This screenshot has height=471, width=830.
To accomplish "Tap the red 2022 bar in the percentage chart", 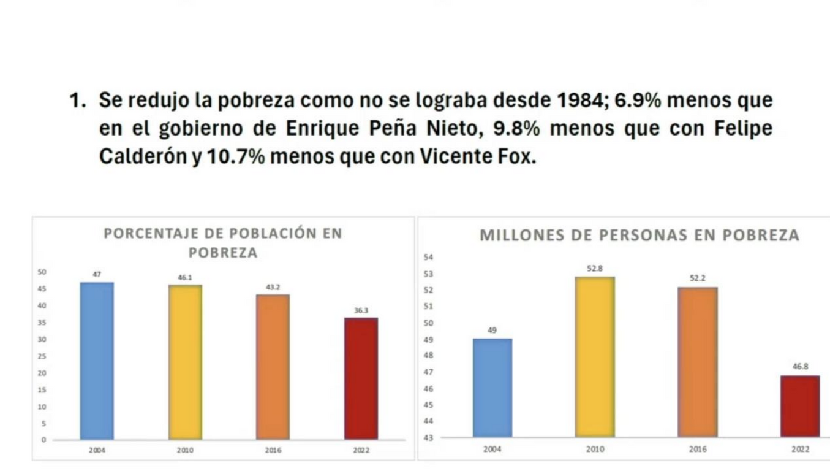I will click(x=361, y=378).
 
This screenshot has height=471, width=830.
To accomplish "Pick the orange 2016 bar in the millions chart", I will click(x=697, y=362).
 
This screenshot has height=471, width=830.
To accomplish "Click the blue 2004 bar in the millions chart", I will click(x=492, y=388).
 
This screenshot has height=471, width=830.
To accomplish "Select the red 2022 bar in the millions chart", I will click(x=800, y=406).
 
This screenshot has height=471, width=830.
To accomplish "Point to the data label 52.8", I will click(x=595, y=268).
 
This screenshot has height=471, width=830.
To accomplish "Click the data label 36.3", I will click(x=361, y=310).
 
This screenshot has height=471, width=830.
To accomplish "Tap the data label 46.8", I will click(x=800, y=366).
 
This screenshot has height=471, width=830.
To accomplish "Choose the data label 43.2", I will click(x=273, y=287).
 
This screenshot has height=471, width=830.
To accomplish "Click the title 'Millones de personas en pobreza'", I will click(x=639, y=235).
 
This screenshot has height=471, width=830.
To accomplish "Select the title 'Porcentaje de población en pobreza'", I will click(x=223, y=243).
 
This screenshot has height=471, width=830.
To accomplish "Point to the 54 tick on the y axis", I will click(x=428, y=257).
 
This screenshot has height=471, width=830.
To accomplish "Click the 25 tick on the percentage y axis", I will click(x=42, y=356).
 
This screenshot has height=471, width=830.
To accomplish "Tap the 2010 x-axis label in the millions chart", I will click(x=595, y=450).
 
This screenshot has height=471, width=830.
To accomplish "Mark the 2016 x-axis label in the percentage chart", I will click(x=273, y=451).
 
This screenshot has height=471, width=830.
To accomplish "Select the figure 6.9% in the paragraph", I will click(x=637, y=100).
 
